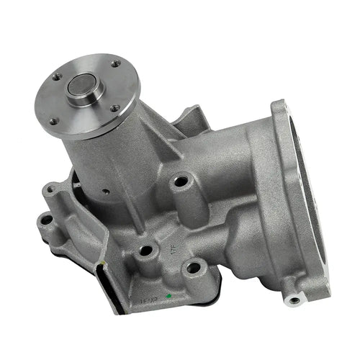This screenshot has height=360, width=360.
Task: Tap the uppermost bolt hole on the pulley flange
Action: [x=115, y=63]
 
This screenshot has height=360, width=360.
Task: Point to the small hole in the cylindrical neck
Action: [x=105, y=192]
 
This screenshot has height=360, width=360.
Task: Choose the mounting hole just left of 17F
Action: [x=146, y=251]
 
